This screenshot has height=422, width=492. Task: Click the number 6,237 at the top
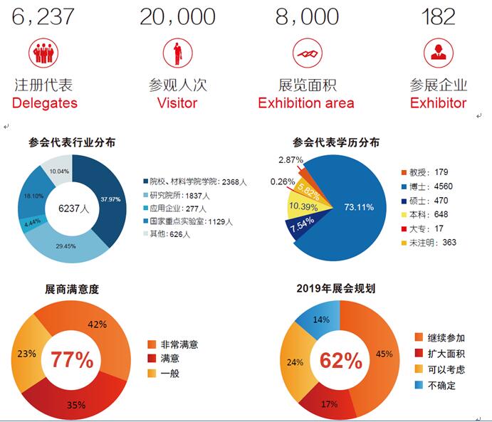(x=43, y=16)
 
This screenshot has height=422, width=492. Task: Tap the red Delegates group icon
(x=43, y=51)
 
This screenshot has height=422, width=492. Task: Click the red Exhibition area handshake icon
(x=305, y=51)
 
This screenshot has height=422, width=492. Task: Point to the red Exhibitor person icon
(x=438, y=51)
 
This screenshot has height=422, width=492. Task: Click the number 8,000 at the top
(x=305, y=16)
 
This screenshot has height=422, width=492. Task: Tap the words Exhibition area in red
(x=305, y=102)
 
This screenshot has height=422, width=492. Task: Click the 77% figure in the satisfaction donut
(x=71, y=359)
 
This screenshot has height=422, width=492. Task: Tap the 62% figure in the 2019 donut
(x=340, y=360)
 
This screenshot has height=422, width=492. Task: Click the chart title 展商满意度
(x=71, y=290)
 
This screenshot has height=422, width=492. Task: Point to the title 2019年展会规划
(x=336, y=290)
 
